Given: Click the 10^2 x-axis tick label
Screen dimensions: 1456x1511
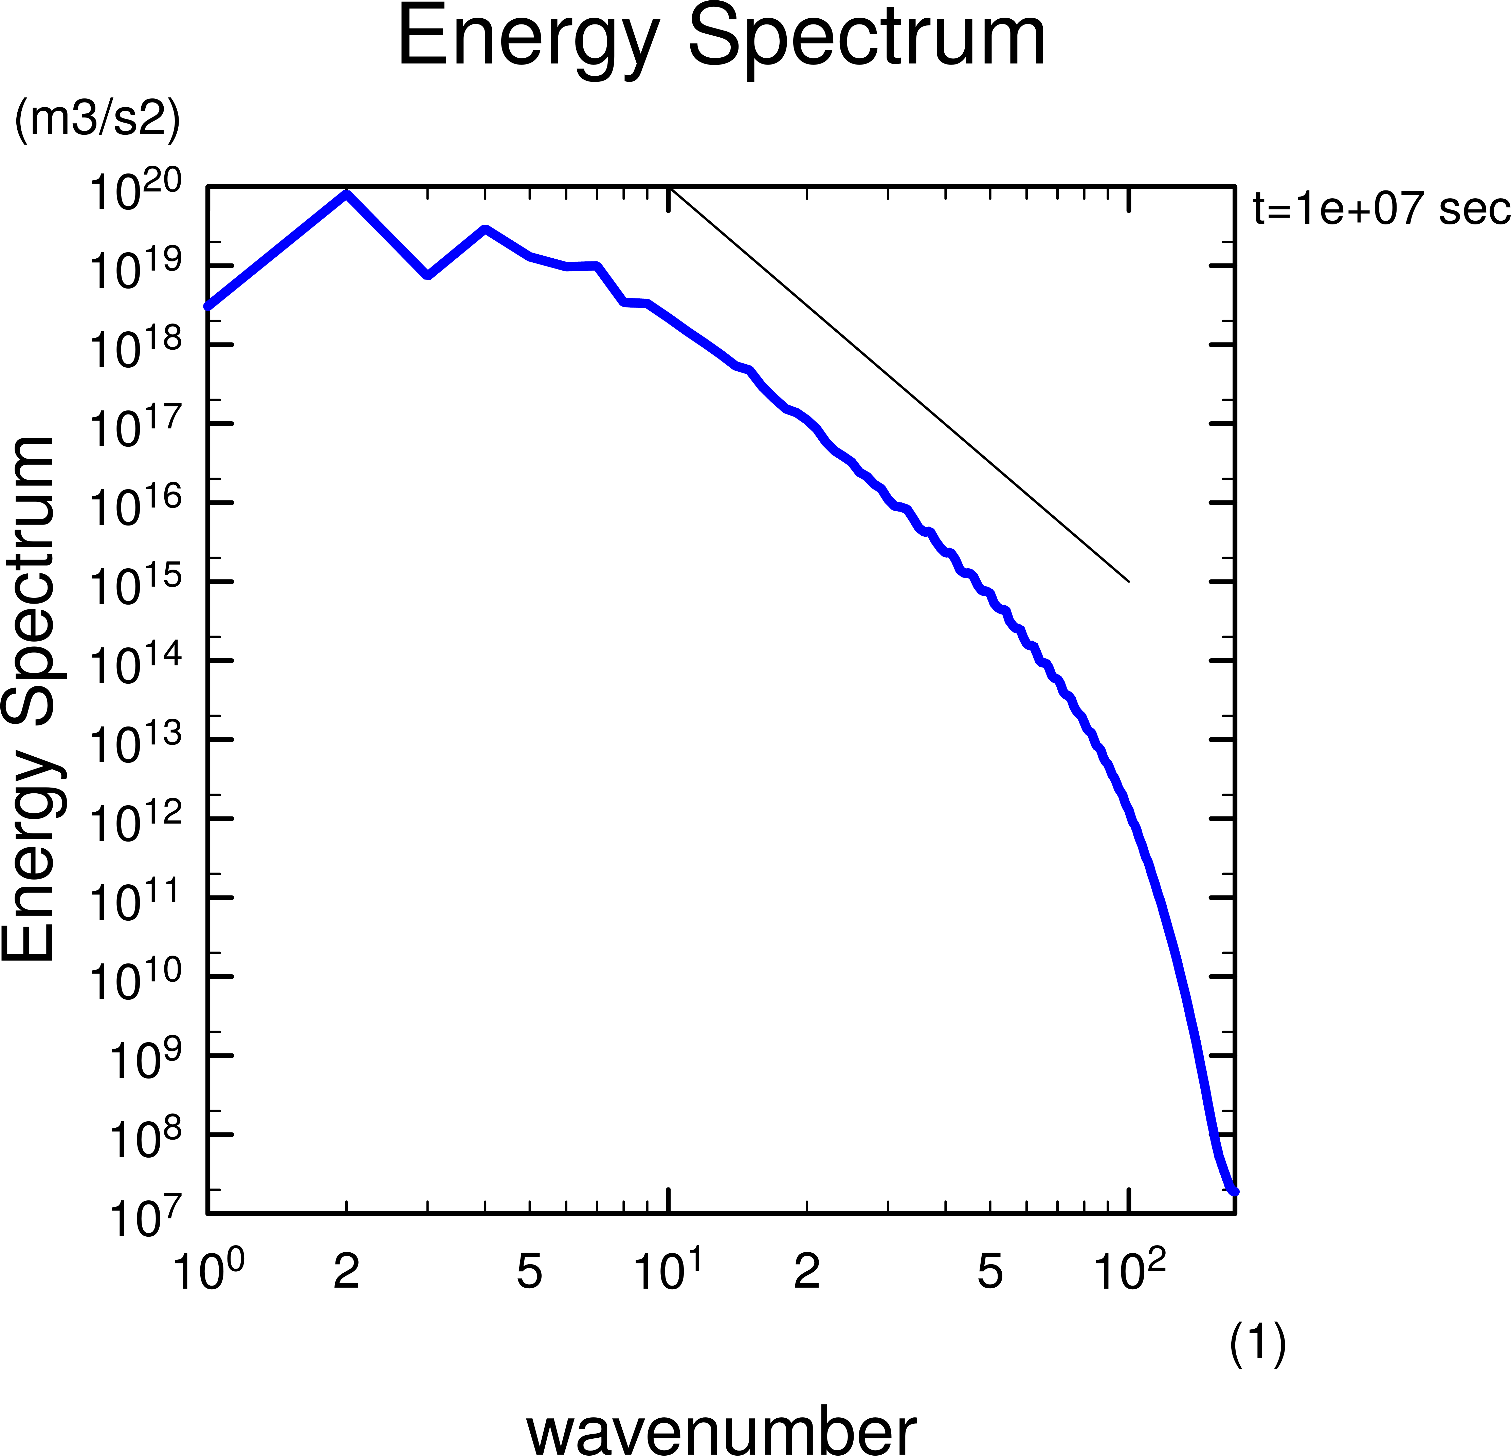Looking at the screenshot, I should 1129,1270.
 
